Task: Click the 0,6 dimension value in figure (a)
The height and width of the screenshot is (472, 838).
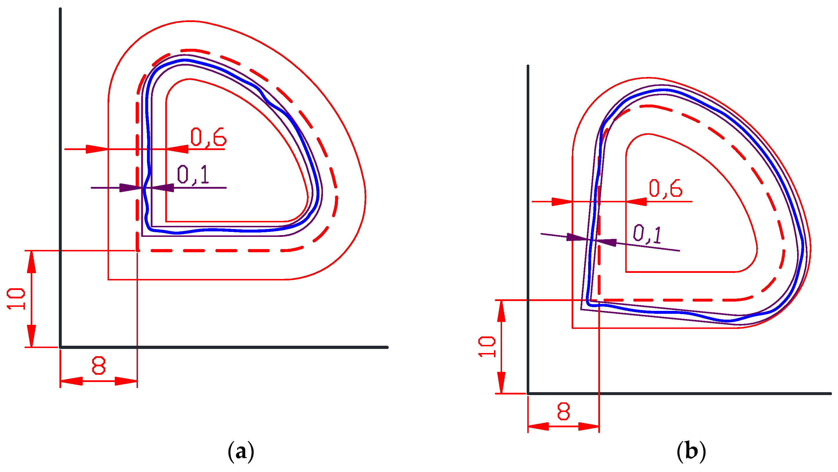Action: [x=208, y=137]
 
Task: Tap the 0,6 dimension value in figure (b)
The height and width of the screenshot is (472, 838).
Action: [x=666, y=188]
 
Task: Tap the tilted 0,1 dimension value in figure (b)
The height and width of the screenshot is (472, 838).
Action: [x=647, y=234]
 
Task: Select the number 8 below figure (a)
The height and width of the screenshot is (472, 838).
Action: [x=99, y=365]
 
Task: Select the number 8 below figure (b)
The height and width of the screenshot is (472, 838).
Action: [x=563, y=411]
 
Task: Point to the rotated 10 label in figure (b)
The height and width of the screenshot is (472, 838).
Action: [x=487, y=347]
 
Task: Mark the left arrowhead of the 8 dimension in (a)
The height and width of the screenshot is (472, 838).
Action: [x=71, y=381]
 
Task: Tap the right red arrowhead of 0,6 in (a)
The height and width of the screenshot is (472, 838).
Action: [x=178, y=149]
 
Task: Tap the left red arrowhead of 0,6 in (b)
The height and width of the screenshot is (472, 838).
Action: [x=562, y=202]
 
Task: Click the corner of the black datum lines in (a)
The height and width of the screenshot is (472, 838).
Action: [x=61, y=347]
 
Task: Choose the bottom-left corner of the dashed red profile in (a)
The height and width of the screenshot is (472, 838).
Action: [x=138, y=251]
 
